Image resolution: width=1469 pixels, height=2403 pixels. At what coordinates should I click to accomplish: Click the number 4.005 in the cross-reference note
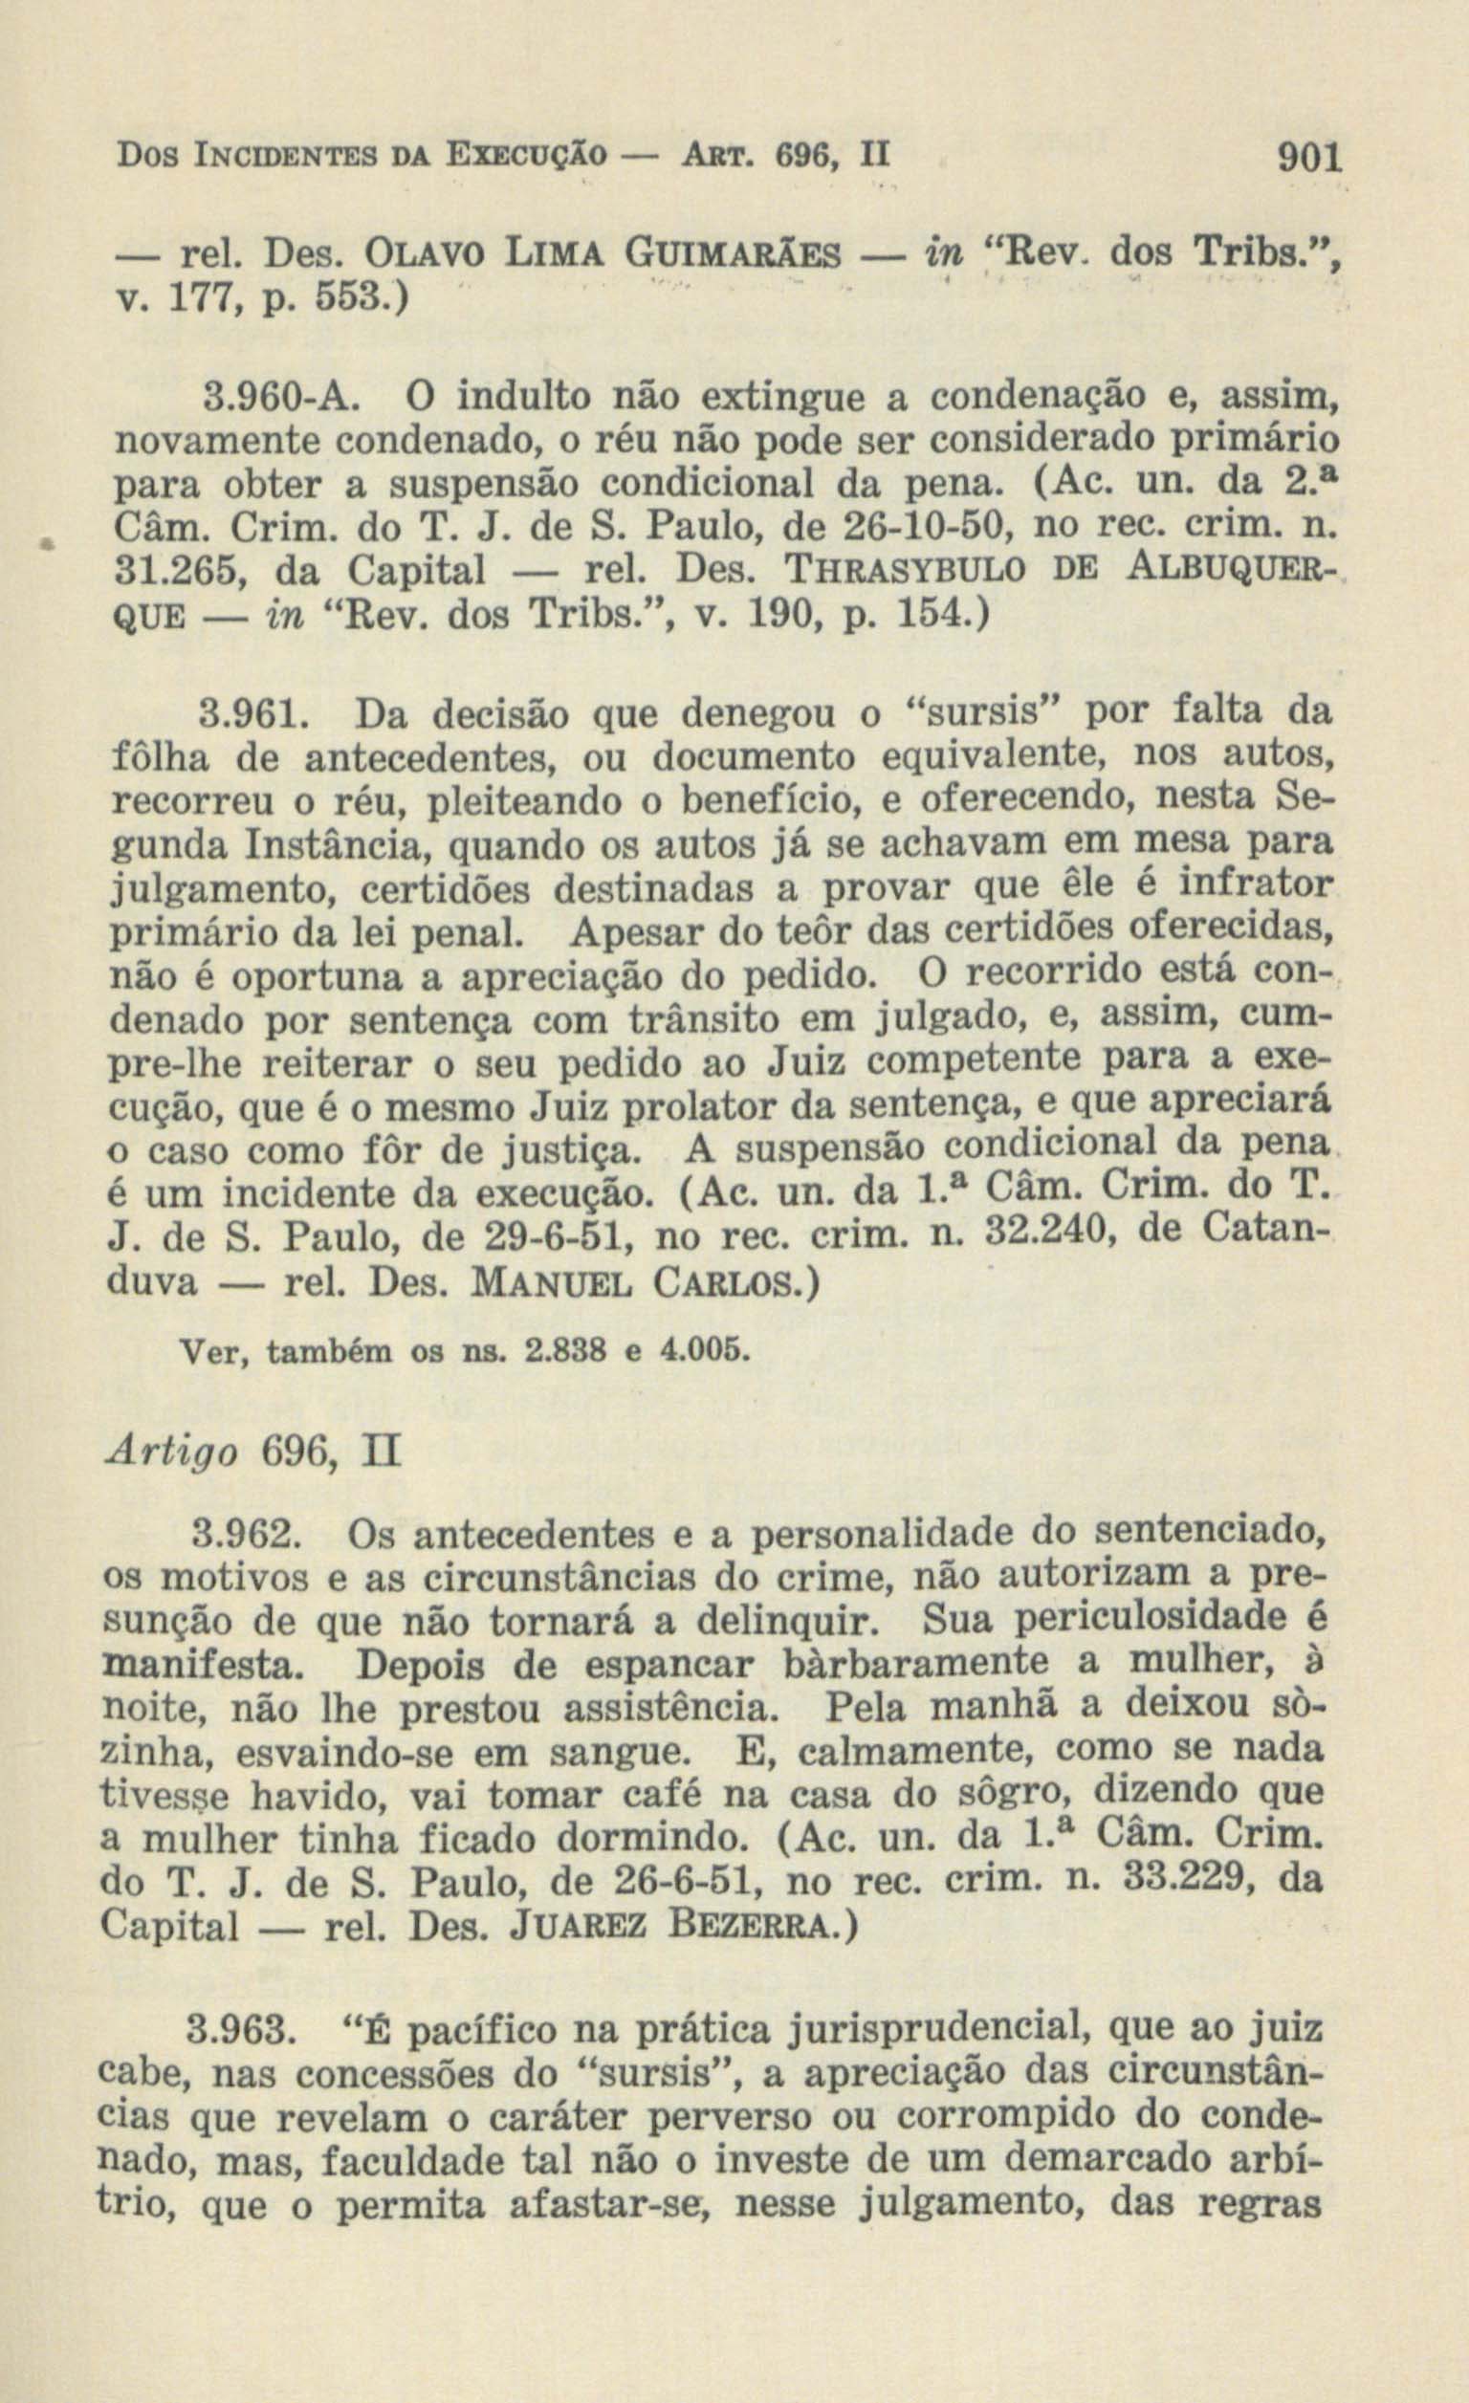click(705, 1353)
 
